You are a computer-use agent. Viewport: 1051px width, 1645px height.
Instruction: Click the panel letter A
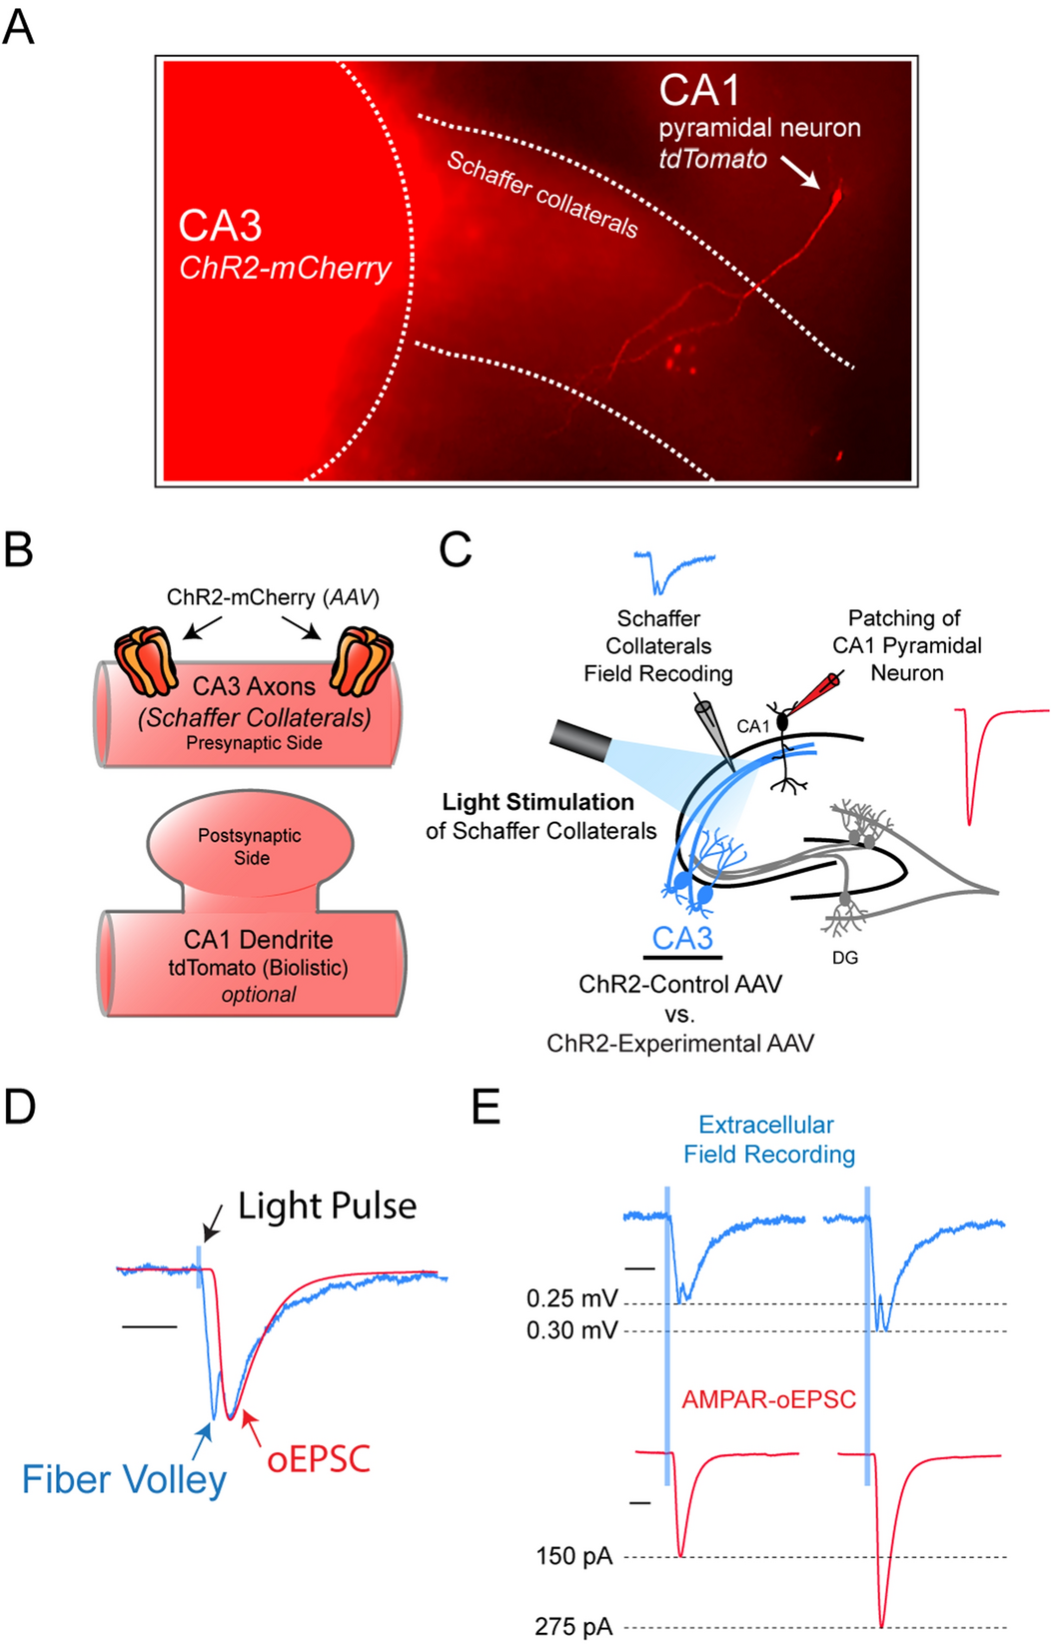18,27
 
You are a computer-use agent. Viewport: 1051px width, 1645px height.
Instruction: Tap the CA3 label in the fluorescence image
220,226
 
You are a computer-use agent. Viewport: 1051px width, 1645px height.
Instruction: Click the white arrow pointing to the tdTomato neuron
800,172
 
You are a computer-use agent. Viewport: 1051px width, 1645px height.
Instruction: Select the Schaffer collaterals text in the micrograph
541,194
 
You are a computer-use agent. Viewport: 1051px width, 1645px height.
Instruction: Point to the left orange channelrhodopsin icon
147,660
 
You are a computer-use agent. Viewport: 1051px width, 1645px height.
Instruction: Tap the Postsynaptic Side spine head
250,846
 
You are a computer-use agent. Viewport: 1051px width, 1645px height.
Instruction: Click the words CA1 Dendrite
258,940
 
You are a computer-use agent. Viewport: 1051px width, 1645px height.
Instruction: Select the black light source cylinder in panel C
580,741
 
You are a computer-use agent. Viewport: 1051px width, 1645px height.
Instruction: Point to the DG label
844,958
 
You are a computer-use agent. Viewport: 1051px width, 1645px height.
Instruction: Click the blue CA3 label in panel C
682,938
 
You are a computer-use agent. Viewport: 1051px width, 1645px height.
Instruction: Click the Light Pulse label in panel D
327,1206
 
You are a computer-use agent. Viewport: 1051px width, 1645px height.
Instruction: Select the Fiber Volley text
124,1479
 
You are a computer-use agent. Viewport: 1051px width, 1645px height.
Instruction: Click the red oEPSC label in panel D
318,1459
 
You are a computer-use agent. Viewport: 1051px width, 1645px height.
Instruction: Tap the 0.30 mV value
571,1330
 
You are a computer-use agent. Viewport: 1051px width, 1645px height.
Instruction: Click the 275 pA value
572,1626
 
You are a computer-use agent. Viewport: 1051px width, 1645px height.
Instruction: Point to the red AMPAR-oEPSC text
768,1399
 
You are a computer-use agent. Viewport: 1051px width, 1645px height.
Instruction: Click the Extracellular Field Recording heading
768,1140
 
